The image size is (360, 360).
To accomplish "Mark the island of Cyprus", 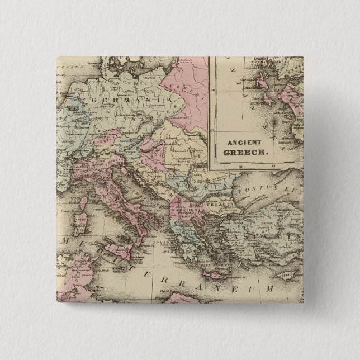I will (290, 276).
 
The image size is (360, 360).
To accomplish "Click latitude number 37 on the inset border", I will (212, 128).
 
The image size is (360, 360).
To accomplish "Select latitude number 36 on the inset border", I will (212, 159).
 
